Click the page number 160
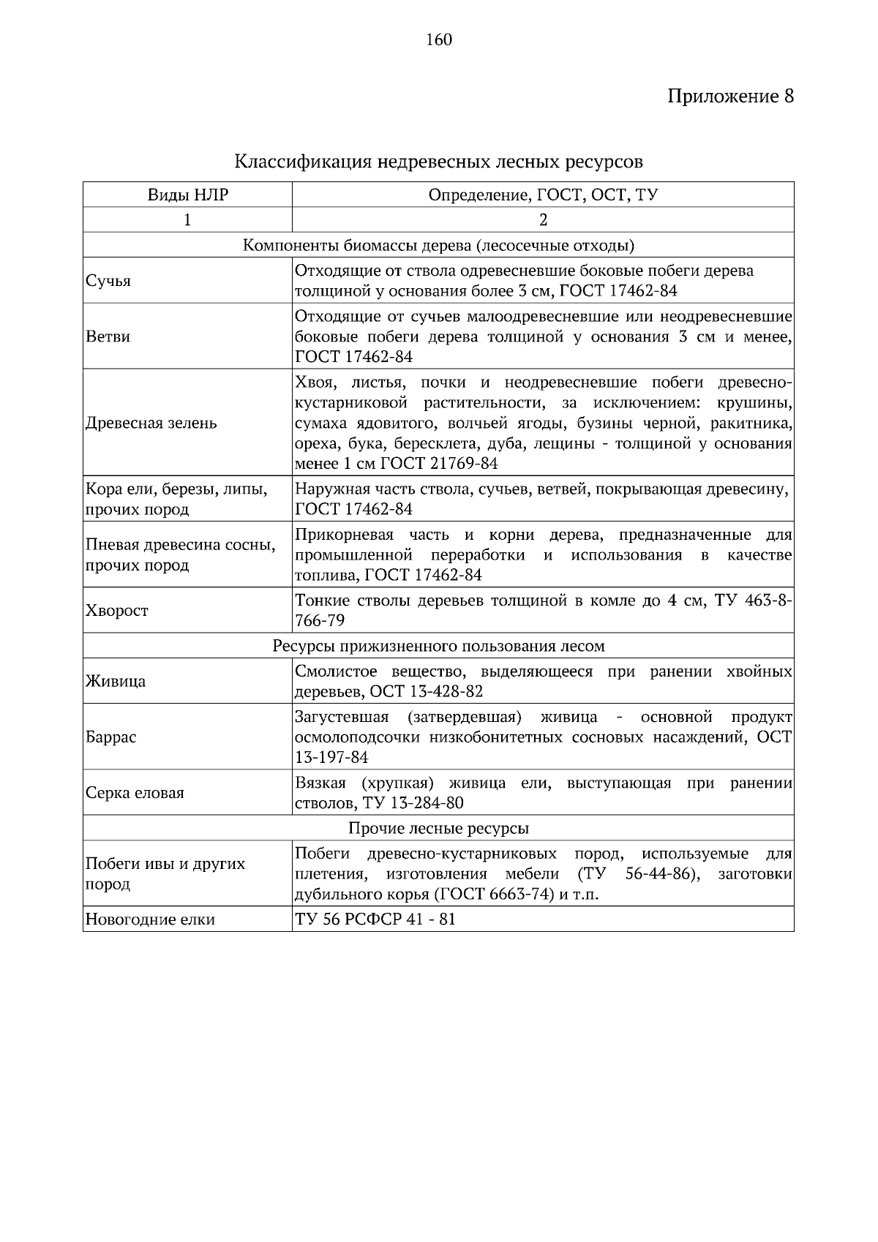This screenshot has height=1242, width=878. (x=439, y=39)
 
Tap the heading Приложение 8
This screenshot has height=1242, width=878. (x=730, y=97)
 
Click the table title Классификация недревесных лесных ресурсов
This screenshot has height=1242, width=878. (x=438, y=160)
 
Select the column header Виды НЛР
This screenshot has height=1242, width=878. (x=188, y=195)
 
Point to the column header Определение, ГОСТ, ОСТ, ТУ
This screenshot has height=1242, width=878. (x=543, y=195)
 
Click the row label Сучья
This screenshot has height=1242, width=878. (x=108, y=281)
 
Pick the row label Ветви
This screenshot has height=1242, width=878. (x=108, y=337)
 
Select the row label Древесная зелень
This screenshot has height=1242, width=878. (x=151, y=423)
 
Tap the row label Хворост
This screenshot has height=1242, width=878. (x=117, y=611)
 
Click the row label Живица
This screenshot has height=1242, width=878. (x=116, y=681)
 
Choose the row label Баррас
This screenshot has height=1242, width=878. (x=111, y=737)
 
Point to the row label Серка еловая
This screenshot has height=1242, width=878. (x=135, y=793)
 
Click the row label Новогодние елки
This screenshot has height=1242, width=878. (x=150, y=919)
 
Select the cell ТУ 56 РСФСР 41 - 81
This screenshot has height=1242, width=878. (x=375, y=919)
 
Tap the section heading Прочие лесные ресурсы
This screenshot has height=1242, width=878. (x=438, y=828)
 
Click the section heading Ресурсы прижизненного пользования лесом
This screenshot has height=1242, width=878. (x=438, y=646)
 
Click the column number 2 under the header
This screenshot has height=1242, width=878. (x=543, y=219)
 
